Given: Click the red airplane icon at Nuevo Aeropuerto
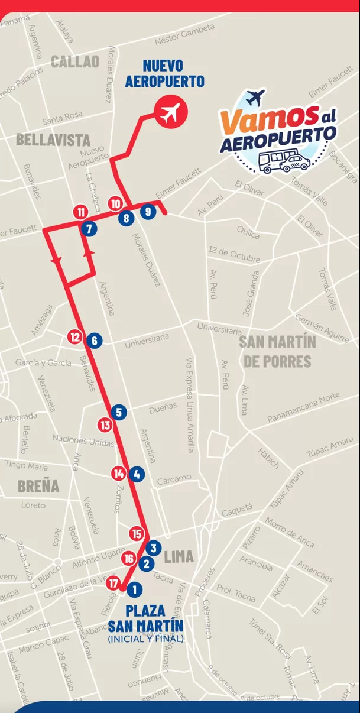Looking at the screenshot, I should (170, 112).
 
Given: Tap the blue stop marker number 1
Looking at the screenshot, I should (135, 589).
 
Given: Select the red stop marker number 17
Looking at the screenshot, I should (114, 584).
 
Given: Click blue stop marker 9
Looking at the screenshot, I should (148, 211).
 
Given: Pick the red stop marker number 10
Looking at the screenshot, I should (116, 204).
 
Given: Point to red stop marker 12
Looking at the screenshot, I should (74, 337).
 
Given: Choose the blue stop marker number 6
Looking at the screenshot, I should (94, 341).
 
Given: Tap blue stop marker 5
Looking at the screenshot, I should (119, 412).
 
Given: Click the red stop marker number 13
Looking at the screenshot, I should (105, 424).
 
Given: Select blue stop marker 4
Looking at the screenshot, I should (137, 474).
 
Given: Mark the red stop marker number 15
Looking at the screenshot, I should (137, 534).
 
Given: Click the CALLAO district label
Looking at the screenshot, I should (75, 61).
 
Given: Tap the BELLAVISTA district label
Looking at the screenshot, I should (53, 140).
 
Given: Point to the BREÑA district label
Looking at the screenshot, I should (38, 486).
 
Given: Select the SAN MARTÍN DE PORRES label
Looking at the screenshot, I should (277, 351).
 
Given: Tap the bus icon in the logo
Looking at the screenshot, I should (274, 160).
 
